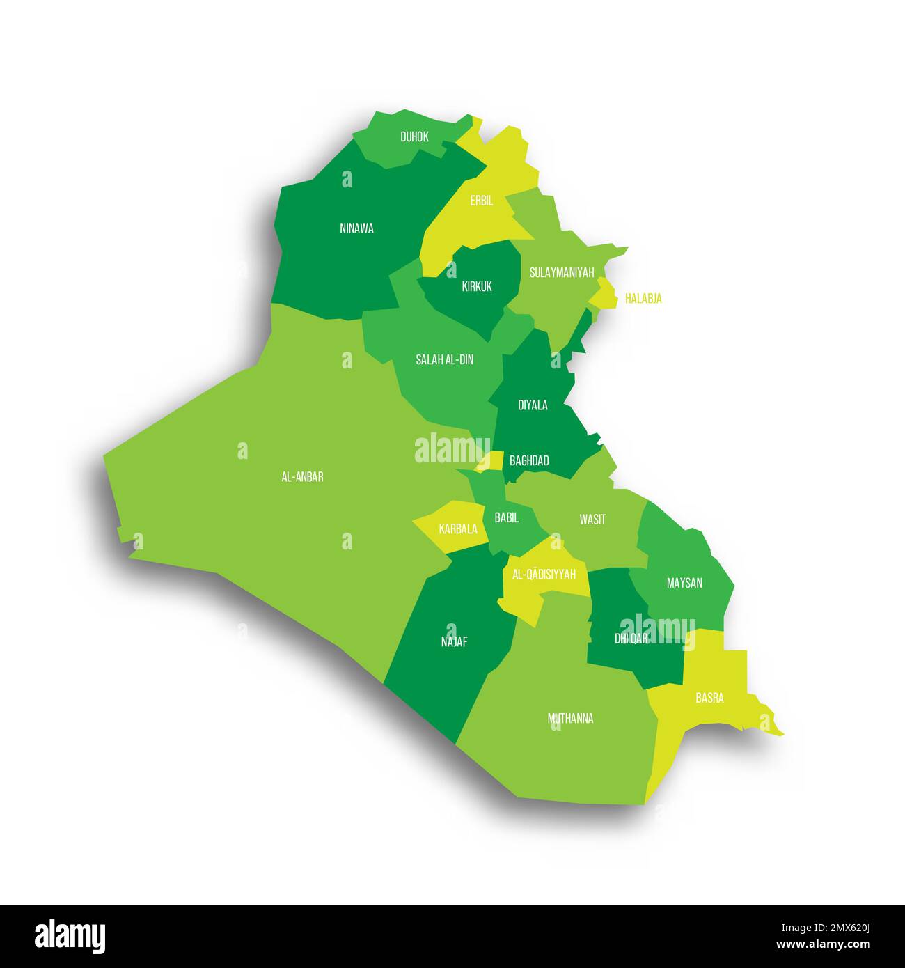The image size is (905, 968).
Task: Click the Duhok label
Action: coord(414,137)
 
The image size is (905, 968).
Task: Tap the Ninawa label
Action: coord(356,228)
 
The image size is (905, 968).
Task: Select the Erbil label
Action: coord(481,201)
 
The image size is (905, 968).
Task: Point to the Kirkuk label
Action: coord(477,286)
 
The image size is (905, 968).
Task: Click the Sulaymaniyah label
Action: coord(561,272)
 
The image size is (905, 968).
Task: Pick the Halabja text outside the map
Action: coord(643,299)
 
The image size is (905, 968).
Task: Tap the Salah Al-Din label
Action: coord(444,359)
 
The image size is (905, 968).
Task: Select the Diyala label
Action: coord(533,405)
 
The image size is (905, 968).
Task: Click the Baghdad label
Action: coord(529,460)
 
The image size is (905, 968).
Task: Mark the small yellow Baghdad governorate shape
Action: coord(491,460)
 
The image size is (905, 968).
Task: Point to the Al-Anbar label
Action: coord(302,477)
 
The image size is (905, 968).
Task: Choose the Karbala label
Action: coord(458,529)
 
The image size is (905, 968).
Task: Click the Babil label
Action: coord(506,517)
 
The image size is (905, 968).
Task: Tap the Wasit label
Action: coord(592,520)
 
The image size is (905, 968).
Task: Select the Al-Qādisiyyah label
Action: coord(544,575)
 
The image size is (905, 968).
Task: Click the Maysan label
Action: coord(684,583)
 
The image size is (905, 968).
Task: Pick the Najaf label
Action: coord(454,642)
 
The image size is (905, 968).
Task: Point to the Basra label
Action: coord(709,697)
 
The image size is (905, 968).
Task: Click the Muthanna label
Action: coord(570,718)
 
